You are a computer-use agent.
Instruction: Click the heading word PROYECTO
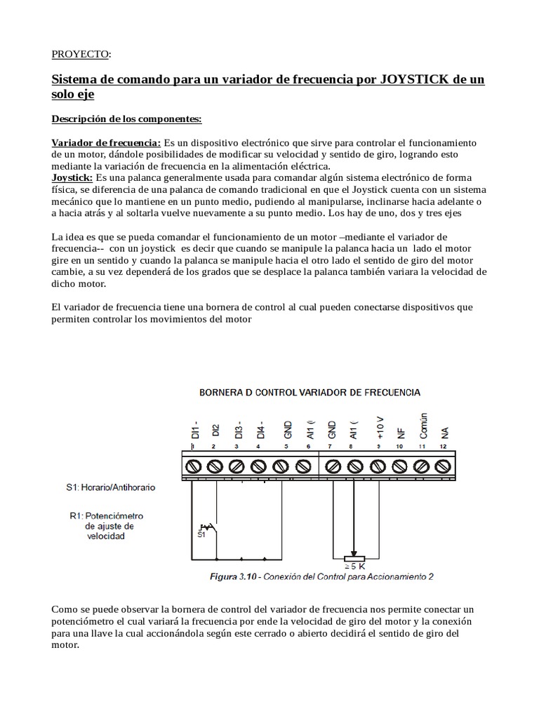(81, 54)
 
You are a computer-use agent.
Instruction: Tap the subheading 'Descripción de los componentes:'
(127, 118)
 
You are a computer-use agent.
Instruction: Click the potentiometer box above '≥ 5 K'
(355, 559)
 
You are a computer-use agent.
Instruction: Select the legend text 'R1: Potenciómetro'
(105, 515)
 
